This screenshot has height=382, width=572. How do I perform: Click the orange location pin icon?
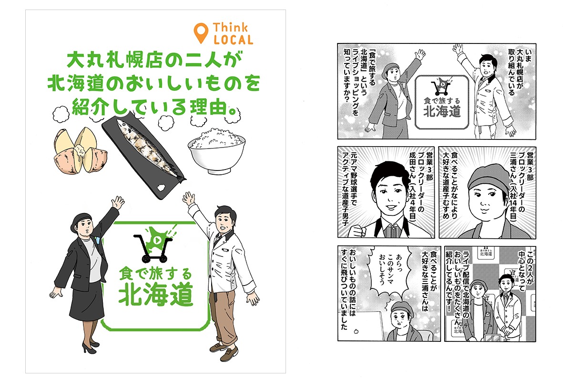click(x=201, y=33)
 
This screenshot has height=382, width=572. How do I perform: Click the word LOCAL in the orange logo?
click(x=234, y=40)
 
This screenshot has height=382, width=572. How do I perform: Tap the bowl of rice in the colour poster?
click(x=216, y=151)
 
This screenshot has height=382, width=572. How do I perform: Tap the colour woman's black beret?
click(x=81, y=219)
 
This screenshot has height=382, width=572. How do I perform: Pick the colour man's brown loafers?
click(x=223, y=351)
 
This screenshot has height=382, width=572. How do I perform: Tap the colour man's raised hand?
click(x=188, y=198)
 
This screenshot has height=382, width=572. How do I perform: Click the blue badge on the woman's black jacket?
click(x=97, y=241)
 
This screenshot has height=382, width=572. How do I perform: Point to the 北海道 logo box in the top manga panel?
click(x=442, y=102)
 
